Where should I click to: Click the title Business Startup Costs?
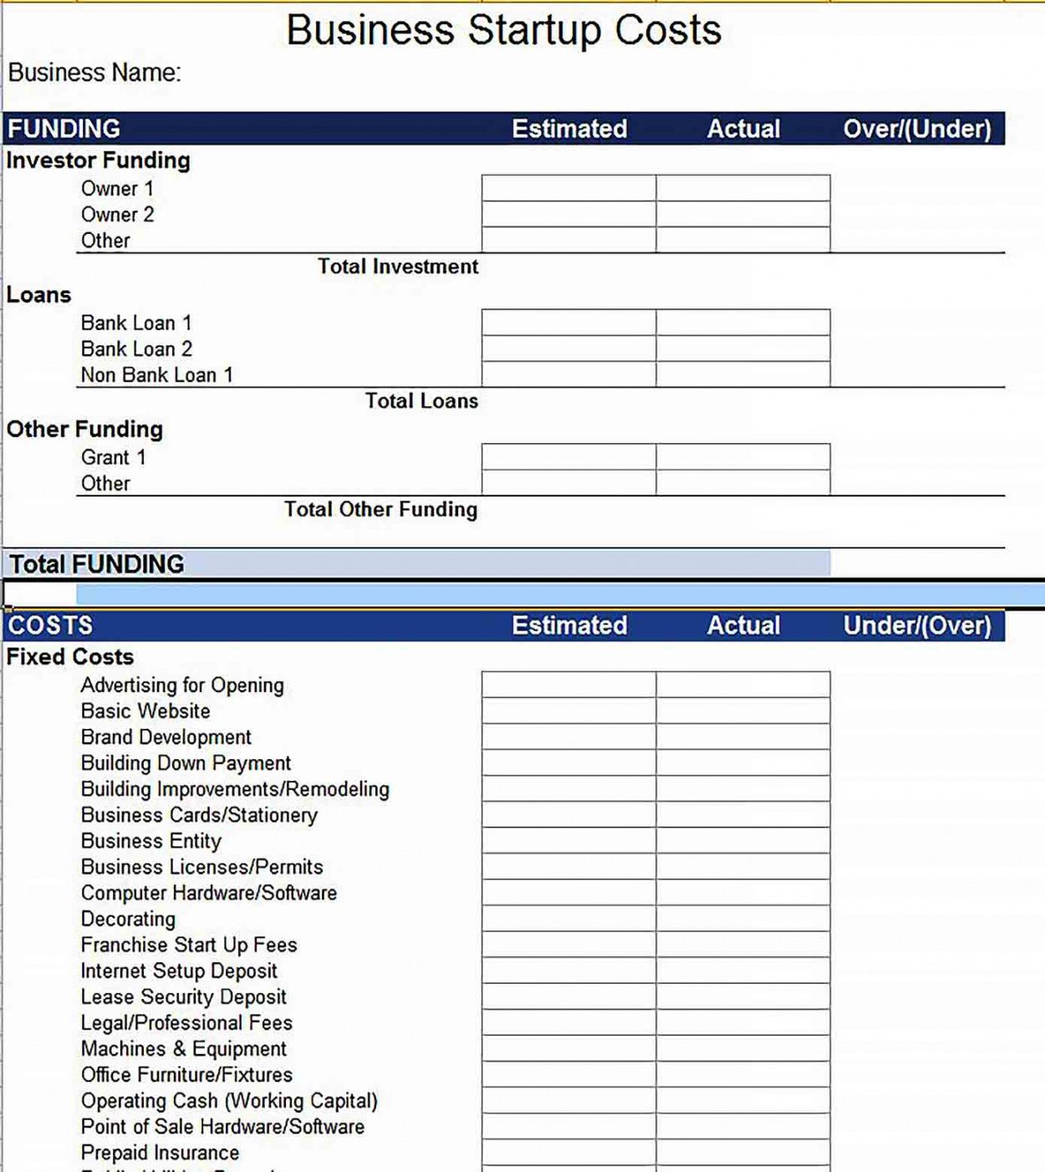(503, 30)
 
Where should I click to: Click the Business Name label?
(94, 73)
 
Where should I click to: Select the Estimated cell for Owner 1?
(568, 188)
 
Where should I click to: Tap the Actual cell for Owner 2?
(742, 214)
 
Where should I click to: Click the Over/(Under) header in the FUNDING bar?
(917, 129)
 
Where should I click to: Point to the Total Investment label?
(398, 267)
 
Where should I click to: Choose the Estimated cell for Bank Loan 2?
(568, 349)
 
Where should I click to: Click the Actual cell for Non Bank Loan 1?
(742, 375)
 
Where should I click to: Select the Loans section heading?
(39, 295)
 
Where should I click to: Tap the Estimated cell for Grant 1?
(568, 457)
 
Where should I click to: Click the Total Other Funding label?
(381, 509)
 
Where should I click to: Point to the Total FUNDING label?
(97, 564)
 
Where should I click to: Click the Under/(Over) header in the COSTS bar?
(917, 625)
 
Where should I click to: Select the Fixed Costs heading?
(70, 657)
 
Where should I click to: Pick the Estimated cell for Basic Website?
(568, 711)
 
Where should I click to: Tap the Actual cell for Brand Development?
(742, 736)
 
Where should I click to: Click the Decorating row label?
(128, 919)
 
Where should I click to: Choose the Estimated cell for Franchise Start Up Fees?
(568, 945)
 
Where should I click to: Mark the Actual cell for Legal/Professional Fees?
(742, 1022)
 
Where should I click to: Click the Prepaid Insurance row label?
(160, 1153)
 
